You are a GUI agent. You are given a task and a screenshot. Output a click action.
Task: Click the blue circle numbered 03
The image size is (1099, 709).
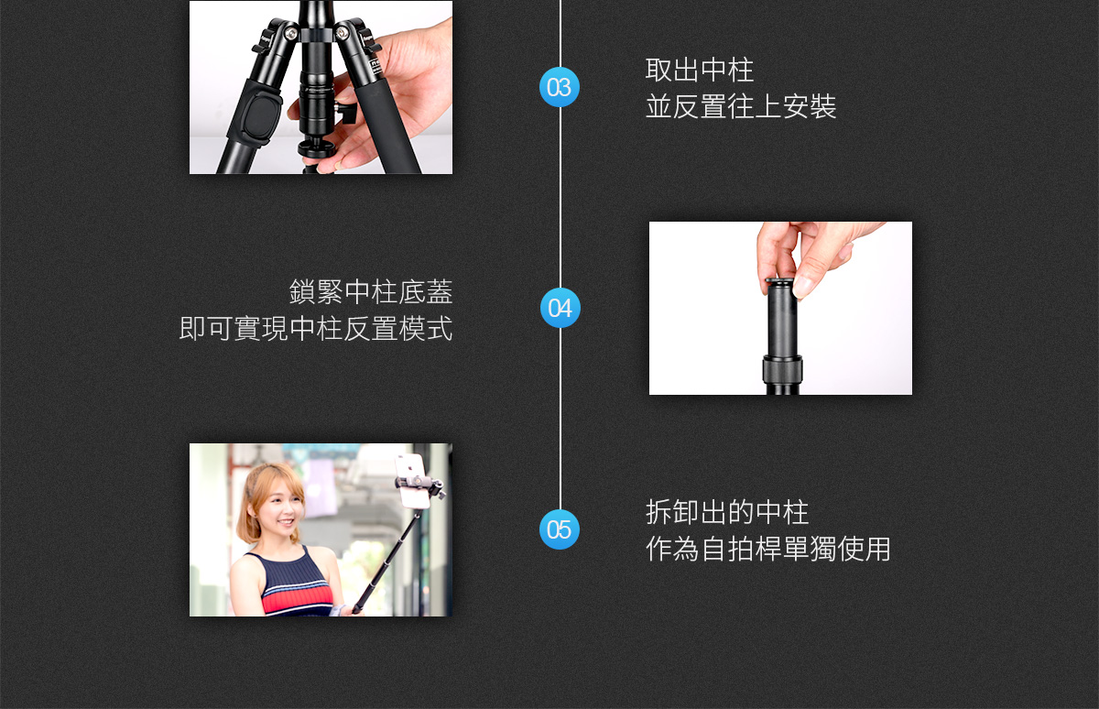560,87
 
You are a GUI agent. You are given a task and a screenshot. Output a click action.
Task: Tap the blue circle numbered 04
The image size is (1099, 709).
560,308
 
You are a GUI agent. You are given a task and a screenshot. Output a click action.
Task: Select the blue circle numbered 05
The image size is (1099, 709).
560,529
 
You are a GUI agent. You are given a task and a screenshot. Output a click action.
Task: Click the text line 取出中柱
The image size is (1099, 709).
699,70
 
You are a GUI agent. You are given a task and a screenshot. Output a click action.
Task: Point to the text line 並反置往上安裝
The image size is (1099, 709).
741,106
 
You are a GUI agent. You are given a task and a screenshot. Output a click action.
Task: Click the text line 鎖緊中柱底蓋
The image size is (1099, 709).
371,291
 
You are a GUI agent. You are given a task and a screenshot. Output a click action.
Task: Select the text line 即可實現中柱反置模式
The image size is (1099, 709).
316,328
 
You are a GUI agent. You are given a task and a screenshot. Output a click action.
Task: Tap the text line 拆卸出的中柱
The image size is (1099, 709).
727,512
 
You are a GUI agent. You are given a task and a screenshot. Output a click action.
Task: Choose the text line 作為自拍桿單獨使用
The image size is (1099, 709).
767,549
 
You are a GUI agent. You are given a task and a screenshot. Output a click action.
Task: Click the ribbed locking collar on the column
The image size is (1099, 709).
782,369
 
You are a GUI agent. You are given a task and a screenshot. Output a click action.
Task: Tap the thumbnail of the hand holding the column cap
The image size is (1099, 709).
780,308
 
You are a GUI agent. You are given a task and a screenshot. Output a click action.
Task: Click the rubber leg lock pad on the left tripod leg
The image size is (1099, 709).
257,113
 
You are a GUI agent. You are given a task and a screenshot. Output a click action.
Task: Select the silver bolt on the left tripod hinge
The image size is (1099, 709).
291,33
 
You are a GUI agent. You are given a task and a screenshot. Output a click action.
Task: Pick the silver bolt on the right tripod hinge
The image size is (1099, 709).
342,33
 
